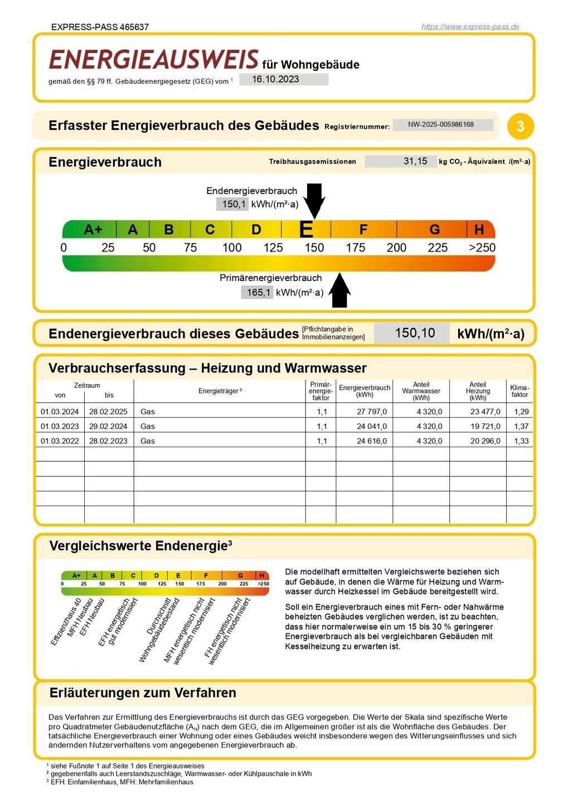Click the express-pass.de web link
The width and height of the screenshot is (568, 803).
click(x=470, y=27)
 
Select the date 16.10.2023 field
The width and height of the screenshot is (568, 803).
click(x=283, y=79)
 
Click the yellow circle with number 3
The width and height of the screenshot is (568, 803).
click(x=520, y=126)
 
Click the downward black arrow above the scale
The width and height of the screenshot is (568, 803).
click(x=314, y=200)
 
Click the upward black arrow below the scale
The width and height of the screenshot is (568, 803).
click(x=339, y=291)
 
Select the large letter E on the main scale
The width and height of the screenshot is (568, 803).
click(x=306, y=230)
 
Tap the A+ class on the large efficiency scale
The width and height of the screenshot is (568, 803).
click(x=93, y=230)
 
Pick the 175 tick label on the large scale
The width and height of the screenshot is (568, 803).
click(x=355, y=248)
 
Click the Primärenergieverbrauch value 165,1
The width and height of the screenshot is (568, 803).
click(x=258, y=292)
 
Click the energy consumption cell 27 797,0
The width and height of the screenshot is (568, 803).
click(x=371, y=412)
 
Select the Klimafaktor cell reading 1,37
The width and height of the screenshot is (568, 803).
click(x=521, y=426)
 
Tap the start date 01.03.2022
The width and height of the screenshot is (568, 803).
click(x=60, y=441)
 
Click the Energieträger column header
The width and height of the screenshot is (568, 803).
click(x=220, y=391)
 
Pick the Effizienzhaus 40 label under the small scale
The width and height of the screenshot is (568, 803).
click(x=66, y=622)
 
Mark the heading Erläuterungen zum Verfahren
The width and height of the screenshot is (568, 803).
click(x=143, y=693)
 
